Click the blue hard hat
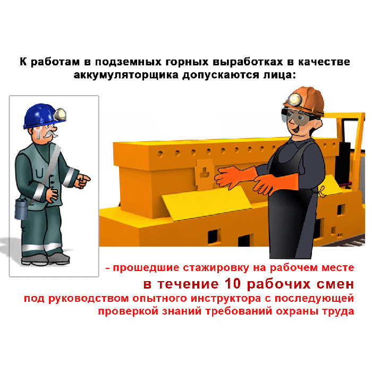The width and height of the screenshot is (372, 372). (41, 116)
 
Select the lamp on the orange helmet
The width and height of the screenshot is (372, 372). (294, 99)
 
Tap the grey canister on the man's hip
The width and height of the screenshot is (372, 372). (21, 209)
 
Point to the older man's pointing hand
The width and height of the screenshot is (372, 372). (82, 181)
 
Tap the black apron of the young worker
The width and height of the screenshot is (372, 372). (294, 214)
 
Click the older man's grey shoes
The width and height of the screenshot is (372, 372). (45, 259)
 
